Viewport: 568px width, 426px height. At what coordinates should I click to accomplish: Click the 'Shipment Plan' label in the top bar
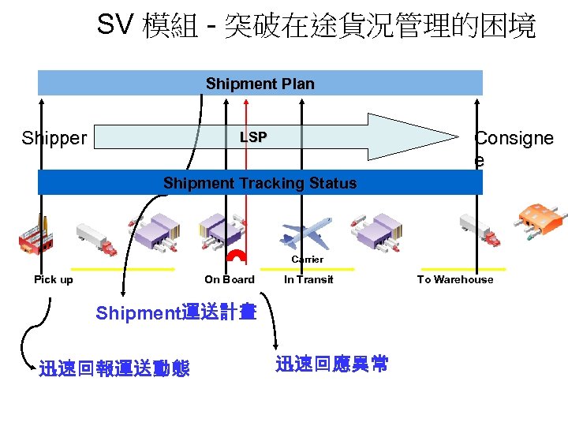coord(260,84)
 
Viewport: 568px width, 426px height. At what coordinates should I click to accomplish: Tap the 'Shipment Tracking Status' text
coord(260,184)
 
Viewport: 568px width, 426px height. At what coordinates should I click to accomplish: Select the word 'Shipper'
coord(54,139)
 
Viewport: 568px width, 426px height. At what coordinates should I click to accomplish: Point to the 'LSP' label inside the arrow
coord(253,137)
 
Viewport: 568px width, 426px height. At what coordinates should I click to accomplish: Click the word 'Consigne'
coord(514,139)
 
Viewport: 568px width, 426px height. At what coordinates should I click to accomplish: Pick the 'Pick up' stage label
coord(54,279)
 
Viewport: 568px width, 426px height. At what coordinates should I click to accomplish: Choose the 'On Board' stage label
coord(230,279)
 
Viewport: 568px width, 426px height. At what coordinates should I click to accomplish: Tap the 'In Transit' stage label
coord(308,279)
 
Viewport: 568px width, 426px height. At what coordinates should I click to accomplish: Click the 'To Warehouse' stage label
coord(455,279)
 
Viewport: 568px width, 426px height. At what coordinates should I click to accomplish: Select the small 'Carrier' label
coord(307,260)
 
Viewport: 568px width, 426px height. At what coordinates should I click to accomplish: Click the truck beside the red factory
coord(95,238)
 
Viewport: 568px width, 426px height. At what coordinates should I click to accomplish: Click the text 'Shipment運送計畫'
coord(176,312)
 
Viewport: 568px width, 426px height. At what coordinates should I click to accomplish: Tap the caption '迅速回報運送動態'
coord(114,368)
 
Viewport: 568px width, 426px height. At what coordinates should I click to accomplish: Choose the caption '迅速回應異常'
coord(331,364)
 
